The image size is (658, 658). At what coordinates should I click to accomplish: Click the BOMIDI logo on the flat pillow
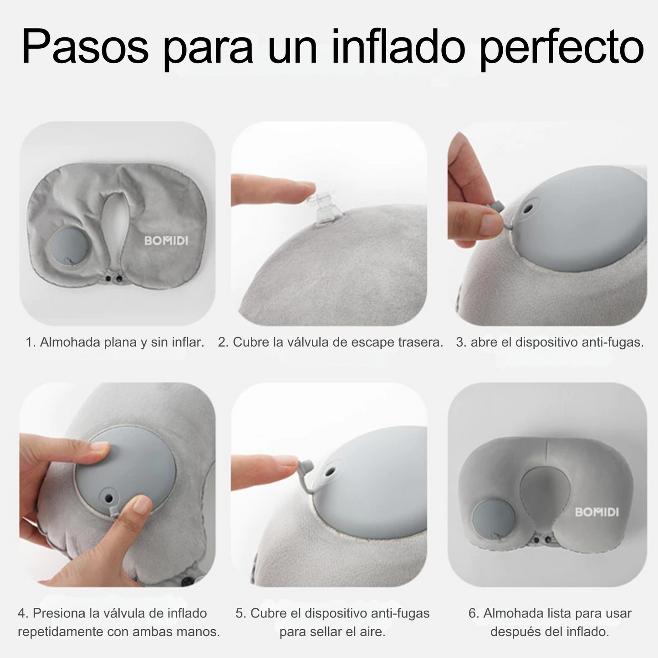(166, 240)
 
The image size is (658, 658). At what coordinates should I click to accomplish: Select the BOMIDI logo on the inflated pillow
(597, 512)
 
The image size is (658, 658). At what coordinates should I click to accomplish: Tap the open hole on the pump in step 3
(528, 209)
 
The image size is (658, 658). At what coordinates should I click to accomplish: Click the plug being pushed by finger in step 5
(306, 467)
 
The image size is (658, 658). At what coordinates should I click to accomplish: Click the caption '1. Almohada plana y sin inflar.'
(115, 342)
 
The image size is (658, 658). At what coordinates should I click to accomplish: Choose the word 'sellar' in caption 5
(326, 632)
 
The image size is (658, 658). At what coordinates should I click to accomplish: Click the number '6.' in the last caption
(474, 613)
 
